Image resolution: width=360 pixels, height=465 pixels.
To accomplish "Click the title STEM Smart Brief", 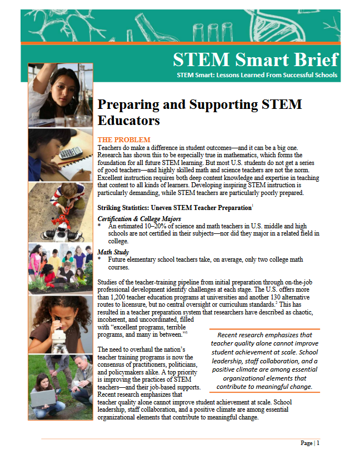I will (x=255, y=59).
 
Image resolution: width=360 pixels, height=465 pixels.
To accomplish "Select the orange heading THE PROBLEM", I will (x=123, y=139).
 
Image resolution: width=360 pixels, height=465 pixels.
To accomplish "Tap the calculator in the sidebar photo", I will (x=70, y=153).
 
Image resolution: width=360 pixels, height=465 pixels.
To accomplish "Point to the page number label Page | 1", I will (x=310, y=443).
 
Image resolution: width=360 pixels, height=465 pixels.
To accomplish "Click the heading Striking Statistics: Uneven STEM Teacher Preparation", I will (x=174, y=208).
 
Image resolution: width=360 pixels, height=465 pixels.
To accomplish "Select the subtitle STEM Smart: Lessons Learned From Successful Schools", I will (x=257, y=74).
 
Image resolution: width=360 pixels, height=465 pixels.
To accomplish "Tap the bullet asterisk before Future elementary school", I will (x=99, y=259).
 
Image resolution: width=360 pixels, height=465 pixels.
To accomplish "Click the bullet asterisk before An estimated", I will (x=99, y=227).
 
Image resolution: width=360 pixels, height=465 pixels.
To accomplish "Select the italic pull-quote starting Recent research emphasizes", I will (x=264, y=361).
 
